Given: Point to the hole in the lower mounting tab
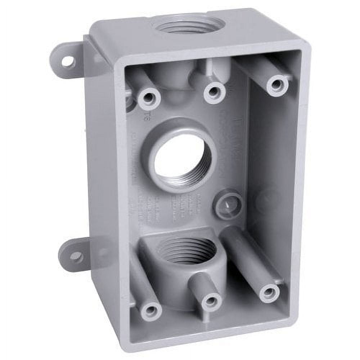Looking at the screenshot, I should tap(76, 257).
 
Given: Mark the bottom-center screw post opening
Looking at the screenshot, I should tap(211, 301).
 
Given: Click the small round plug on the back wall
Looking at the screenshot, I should tap(228, 204).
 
